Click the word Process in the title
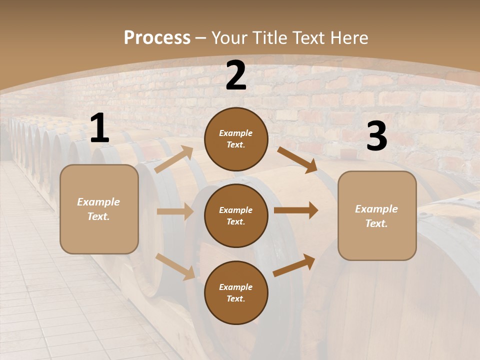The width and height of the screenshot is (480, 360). click(x=157, y=37)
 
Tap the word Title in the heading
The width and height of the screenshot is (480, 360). click(x=267, y=37)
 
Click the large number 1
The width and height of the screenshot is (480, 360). click(x=99, y=129)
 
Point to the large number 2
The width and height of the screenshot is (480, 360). click(x=236, y=75)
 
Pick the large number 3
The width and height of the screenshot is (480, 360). click(x=376, y=136)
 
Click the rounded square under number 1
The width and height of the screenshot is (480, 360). click(x=99, y=209)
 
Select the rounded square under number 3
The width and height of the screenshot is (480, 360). click(x=377, y=216)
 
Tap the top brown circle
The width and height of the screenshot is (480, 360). click(x=236, y=139)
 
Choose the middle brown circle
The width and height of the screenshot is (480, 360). click(x=236, y=215)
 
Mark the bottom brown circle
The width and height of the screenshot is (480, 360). click(x=236, y=292)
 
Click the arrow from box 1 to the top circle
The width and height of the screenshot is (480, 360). click(x=174, y=159)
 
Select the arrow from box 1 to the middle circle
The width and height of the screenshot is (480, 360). click(x=175, y=211)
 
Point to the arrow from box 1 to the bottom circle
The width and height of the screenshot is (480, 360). click(x=175, y=266)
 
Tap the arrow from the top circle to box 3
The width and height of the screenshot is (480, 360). click(x=297, y=160)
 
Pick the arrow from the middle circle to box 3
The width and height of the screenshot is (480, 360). click(x=296, y=210)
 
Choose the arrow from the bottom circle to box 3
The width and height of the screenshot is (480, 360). click(x=294, y=265)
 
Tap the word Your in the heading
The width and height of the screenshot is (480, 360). click(x=228, y=37)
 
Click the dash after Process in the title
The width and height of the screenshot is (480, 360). click(x=201, y=37)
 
